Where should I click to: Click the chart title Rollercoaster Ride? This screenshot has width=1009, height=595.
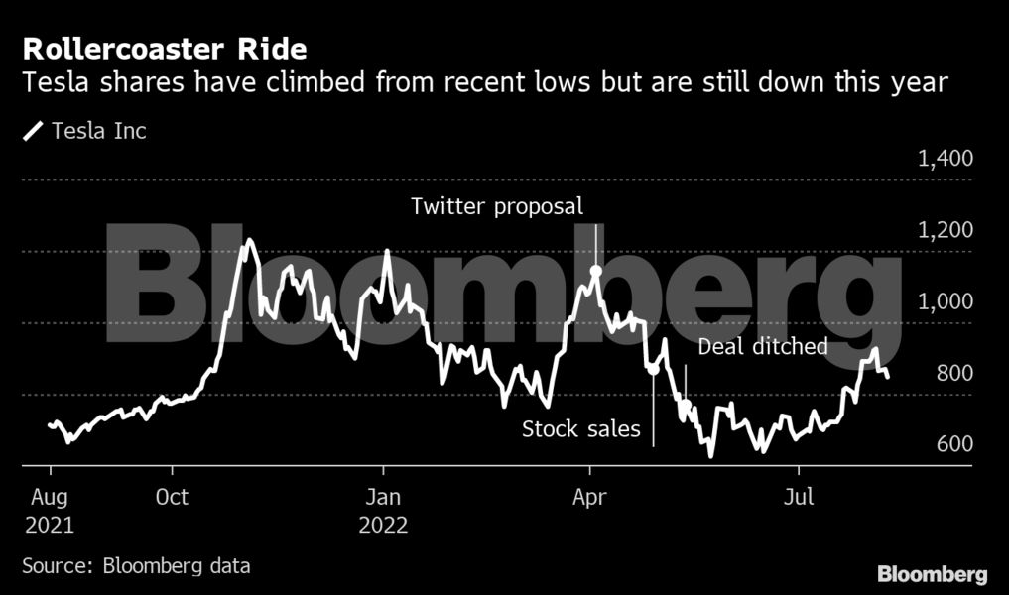(x=165, y=49)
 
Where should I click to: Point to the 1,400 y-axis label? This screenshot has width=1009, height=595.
(x=946, y=159)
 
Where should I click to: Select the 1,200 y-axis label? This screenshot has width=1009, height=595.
(x=946, y=230)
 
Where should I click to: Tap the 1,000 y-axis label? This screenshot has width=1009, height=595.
(x=946, y=301)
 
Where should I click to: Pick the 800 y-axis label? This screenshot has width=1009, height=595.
(x=954, y=373)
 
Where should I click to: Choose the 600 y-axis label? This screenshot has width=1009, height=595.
(x=954, y=444)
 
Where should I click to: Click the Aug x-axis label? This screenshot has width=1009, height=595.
(x=51, y=496)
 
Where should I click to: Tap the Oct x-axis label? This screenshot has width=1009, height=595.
(x=173, y=496)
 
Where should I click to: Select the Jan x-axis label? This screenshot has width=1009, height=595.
(x=383, y=496)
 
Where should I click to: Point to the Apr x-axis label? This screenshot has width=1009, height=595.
(x=590, y=496)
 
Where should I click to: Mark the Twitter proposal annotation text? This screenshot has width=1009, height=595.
(x=497, y=207)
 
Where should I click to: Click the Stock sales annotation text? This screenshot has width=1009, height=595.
(x=581, y=430)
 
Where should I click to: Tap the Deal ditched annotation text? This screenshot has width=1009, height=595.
(x=763, y=347)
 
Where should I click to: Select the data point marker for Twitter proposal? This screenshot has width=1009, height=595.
(x=595, y=271)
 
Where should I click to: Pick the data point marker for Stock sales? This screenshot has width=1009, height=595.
(x=653, y=369)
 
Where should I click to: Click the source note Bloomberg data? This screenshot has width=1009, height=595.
(x=136, y=566)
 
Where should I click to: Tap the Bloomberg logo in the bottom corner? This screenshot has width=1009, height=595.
(x=932, y=574)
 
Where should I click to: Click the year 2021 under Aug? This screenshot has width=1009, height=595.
(x=51, y=525)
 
